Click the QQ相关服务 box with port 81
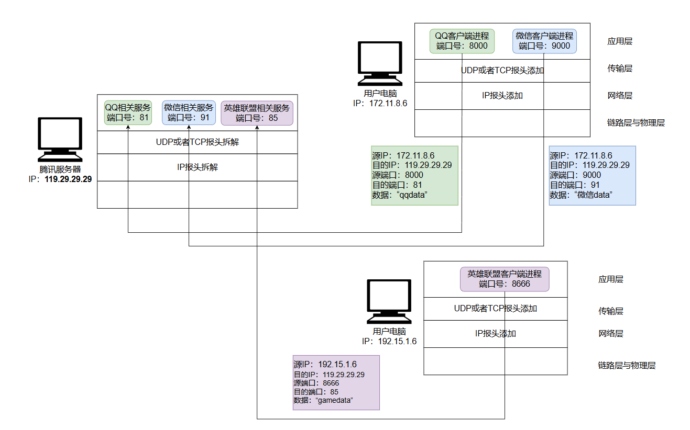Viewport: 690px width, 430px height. coord(128,112)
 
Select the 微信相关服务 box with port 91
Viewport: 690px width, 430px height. coord(189,112)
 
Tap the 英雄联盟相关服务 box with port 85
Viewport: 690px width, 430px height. coord(257,112)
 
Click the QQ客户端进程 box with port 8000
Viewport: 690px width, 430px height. coord(462,41)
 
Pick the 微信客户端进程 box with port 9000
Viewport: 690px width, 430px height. coord(544,41)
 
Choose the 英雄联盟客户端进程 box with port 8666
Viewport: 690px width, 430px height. coord(505,279)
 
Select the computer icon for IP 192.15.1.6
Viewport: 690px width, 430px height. coord(389,302)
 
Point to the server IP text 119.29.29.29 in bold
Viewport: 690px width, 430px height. coord(68,179)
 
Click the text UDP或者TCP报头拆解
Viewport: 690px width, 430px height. coord(198,142)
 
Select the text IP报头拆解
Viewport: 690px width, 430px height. coord(198,167)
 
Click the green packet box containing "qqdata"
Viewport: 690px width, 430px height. coord(414,175)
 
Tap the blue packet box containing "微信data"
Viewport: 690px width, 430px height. coord(592,175)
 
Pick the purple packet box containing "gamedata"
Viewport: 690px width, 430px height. coord(336,382)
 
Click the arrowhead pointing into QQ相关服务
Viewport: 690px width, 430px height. coord(128,128)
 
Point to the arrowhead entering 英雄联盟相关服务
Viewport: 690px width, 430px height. coord(257,128)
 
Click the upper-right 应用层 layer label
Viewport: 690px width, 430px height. coord(620,41)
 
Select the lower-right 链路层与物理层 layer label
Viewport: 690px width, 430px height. coord(627,365)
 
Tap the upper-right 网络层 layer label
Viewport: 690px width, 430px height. coord(620,96)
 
